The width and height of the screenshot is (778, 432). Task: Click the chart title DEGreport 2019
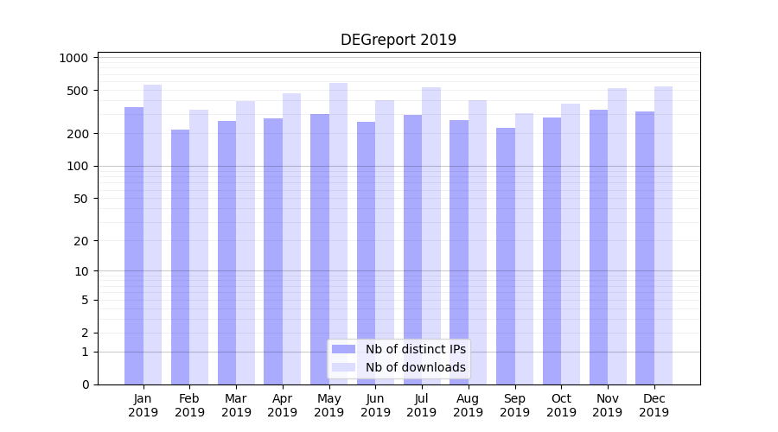tap(398, 40)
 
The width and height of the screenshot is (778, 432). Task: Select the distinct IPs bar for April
tap(273, 251)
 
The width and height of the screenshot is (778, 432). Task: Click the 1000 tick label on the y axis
tap(74, 58)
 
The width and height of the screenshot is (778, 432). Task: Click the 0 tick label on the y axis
tap(85, 384)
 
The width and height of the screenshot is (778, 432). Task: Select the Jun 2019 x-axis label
tap(375, 405)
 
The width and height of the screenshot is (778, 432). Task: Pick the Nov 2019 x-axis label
tap(608, 405)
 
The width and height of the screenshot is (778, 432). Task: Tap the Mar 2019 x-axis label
tap(236, 405)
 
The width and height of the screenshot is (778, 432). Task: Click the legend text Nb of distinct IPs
tap(415, 349)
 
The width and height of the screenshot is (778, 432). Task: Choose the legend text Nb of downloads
tap(415, 367)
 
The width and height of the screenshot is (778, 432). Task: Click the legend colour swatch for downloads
tap(343, 367)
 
